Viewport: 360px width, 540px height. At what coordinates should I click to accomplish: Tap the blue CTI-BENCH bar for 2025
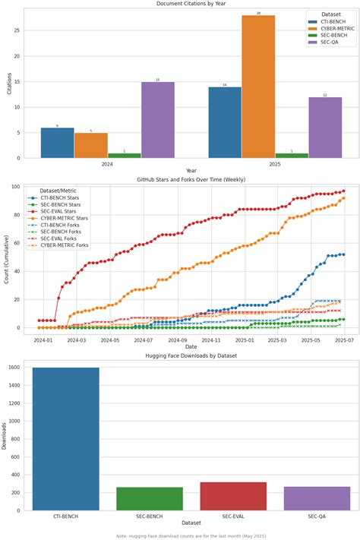[x=225, y=122]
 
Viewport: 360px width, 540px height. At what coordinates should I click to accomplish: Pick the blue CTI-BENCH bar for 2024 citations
[x=57, y=143]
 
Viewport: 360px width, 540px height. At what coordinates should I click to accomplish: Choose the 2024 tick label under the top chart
[x=107, y=163]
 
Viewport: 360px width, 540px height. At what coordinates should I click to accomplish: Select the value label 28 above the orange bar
[x=258, y=13]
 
